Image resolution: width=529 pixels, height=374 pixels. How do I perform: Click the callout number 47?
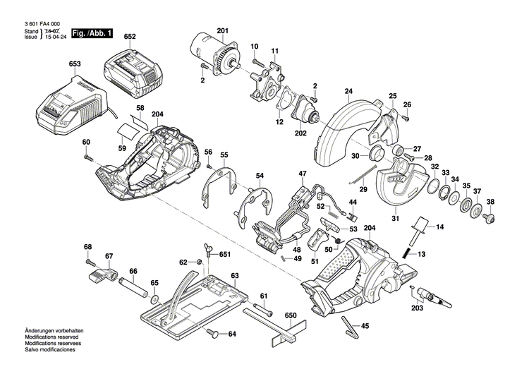coord(303,174)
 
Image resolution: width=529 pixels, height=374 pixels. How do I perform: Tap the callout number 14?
coord(439,227)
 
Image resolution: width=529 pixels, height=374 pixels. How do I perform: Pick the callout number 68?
coord(88,246)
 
